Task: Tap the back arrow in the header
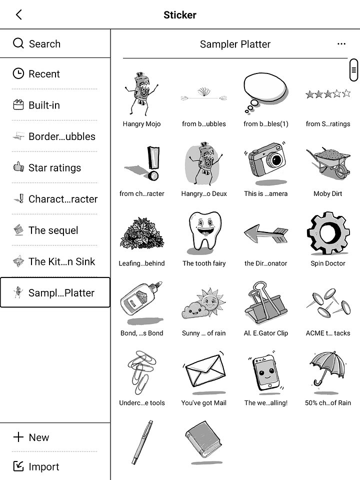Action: tap(19, 14)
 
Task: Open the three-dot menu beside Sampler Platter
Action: tap(341, 44)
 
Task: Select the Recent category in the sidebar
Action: tap(44, 74)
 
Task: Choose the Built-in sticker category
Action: tap(44, 105)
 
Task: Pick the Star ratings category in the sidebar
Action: tap(54, 168)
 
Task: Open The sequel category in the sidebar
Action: tap(53, 230)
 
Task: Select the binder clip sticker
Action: tap(265, 303)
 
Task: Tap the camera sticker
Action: tap(265, 162)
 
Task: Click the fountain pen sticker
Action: tap(141, 442)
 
